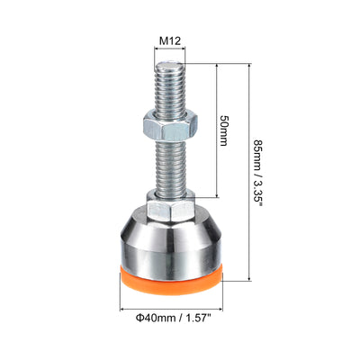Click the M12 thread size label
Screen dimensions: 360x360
170,40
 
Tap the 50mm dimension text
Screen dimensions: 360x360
224,130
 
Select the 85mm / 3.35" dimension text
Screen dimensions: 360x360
258,172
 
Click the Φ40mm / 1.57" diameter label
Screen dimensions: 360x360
174,318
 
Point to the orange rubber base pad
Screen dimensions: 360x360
171,282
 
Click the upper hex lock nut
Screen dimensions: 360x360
170,125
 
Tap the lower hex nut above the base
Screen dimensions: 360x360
171,205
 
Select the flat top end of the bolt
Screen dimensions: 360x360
170,65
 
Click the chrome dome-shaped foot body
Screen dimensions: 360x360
171,243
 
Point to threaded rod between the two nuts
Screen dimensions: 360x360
170,166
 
